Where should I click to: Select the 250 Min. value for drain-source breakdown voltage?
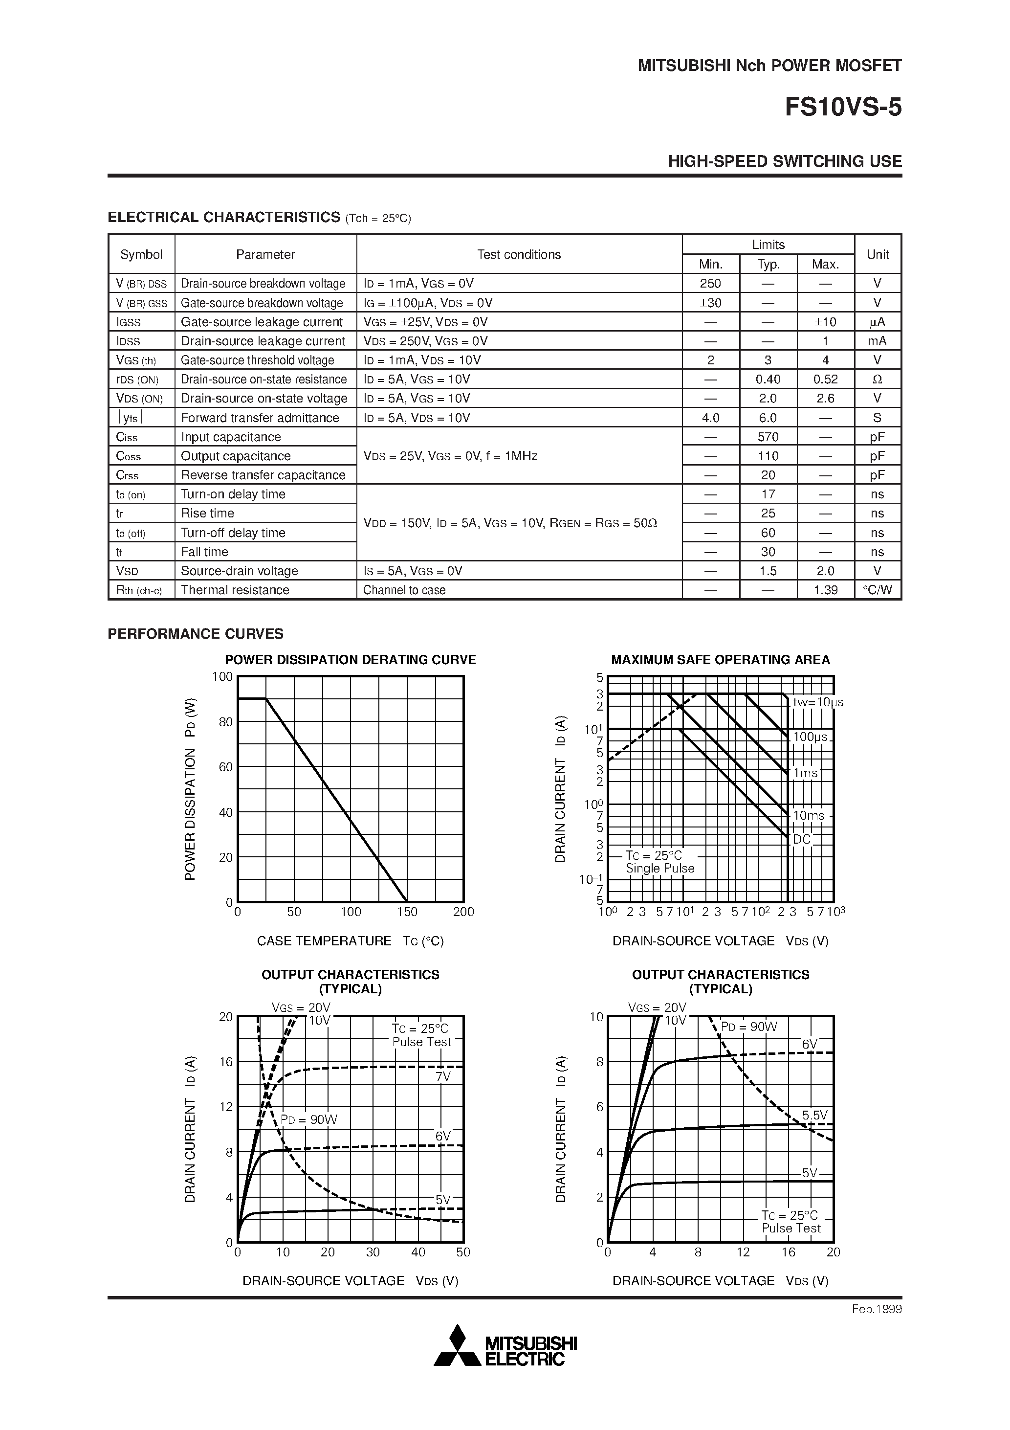point(710,283)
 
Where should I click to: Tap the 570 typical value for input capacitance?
point(768,437)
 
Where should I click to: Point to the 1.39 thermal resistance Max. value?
point(825,590)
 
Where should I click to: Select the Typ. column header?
point(768,264)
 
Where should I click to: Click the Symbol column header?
point(141,254)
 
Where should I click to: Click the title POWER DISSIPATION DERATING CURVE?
point(350,660)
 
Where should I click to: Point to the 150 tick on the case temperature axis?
point(407,912)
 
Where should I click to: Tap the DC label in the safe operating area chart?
point(801,840)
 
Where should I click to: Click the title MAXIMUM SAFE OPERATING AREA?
point(721,660)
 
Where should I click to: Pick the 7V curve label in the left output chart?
point(443,1076)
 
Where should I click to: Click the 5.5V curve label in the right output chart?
point(814,1115)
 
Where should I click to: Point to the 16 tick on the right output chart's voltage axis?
point(789,1252)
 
